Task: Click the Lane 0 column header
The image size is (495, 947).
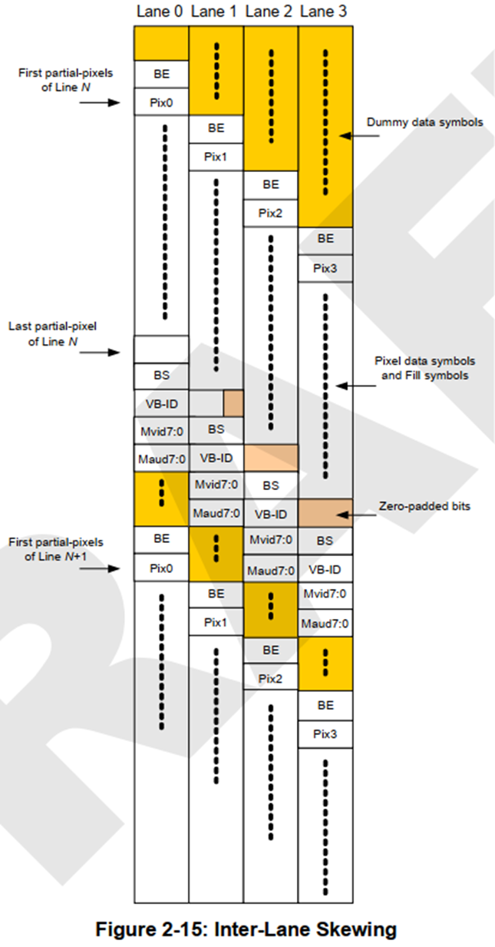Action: coord(161,12)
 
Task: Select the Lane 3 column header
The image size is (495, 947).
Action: coord(325,12)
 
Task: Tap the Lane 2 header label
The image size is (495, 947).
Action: coord(270,12)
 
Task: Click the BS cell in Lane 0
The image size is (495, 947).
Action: coord(161,376)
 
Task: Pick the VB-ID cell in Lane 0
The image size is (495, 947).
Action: coord(161,403)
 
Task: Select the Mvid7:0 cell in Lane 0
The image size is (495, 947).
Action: coord(161,431)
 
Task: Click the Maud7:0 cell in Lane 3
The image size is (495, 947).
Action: coord(325,623)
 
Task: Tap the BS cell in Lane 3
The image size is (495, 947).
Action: coord(325,541)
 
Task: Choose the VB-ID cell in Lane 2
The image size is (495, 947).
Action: coord(270,513)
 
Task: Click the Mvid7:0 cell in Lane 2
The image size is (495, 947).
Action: coord(270,541)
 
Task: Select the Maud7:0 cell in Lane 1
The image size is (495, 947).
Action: coord(216,513)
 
